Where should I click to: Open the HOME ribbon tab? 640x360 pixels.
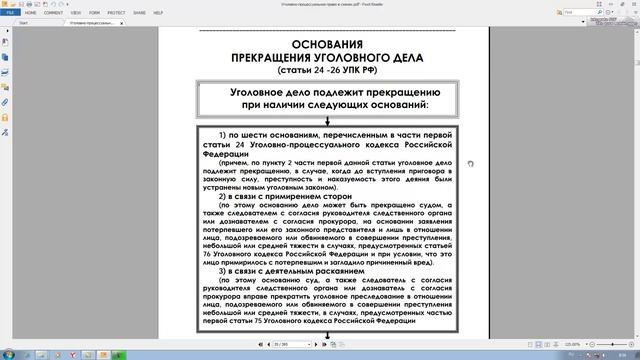click(30, 13)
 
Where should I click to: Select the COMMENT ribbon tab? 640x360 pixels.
click(53, 13)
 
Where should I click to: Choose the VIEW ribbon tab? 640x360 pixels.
click(76, 13)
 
